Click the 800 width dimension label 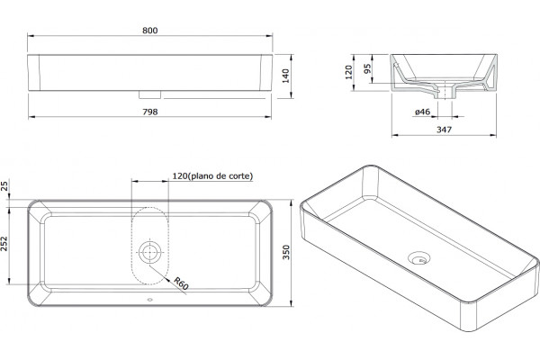point(149,31)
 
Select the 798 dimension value point(149,112)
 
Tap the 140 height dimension point(286,76)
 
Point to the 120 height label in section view point(349,72)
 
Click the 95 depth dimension point(367,68)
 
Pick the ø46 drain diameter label point(423,112)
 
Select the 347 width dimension point(444,130)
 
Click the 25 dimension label point(4,186)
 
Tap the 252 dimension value point(4,244)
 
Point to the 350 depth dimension point(286,252)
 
